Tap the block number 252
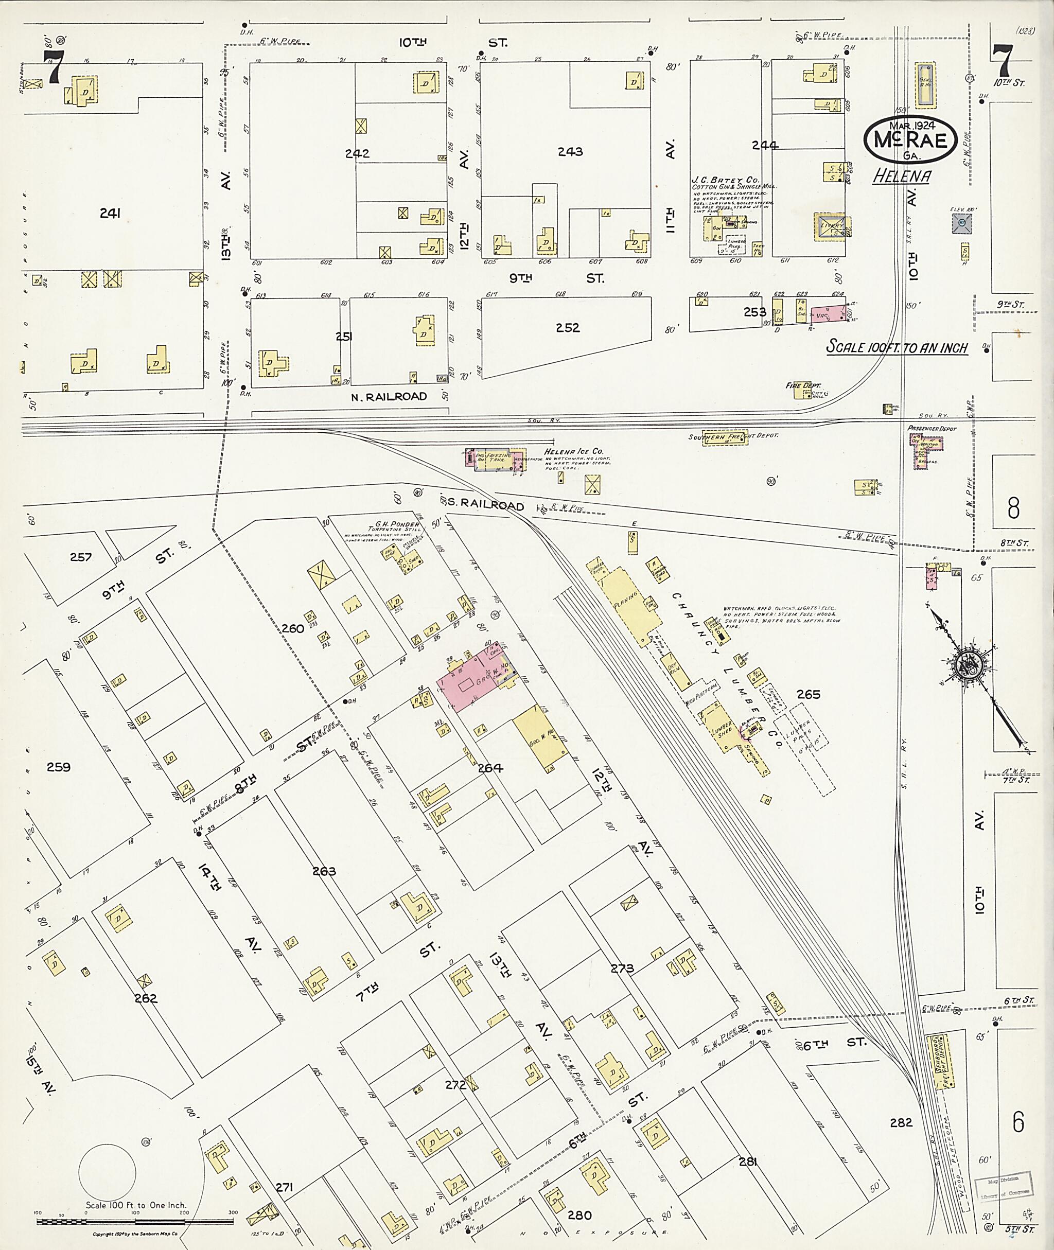click(x=567, y=328)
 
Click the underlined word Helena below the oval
click(x=901, y=177)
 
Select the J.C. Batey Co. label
click(x=725, y=179)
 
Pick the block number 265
click(x=809, y=694)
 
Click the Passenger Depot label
click(x=932, y=429)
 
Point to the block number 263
click(x=324, y=871)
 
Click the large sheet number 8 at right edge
click(x=1013, y=508)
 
